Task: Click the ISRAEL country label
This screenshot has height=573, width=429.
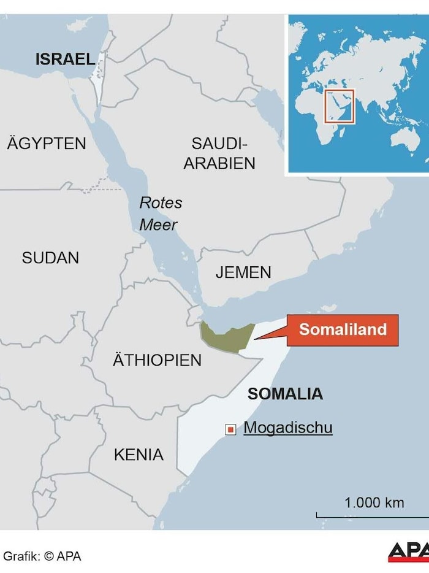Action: pyautogui.click(x=65, y=59)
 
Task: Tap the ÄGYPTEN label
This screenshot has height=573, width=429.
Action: pyautogui.click(x=47, y=144)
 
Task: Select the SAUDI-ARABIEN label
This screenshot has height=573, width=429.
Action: pyautogui.click(x=219, y=153)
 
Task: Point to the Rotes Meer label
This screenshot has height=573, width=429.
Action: pyautogui.click(x=160, y=213)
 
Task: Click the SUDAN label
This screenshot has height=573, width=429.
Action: pyautogui.click(x=50, y=258)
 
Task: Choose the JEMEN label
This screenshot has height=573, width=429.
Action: pyautogui.click(x=243, y=272)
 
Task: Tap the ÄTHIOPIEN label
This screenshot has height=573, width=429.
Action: pyautogui.click(x=157, y=360)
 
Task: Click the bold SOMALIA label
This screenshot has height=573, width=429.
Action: pyautogui.click(x=285, y=393)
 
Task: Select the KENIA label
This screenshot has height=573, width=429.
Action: pyautogui.click(x=139, y=455)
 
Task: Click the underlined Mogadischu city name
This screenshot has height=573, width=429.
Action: pyautogui.click(x=288, y=428)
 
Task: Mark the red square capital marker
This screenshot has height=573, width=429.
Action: pyautogui.click(x=230, y=429)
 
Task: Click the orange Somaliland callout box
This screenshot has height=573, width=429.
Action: pyautogui.click(x=343, y=329)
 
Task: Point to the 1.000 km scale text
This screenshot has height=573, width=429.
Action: pyautogui.click(x=374, y=502)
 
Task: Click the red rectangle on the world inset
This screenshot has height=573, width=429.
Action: pyautogui.click(x=340, y=106)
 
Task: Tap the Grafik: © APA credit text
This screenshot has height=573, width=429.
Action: pyautogui.click(x=42, y=556)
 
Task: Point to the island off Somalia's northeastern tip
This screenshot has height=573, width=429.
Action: pyautogui.click(x=330, y=307)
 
